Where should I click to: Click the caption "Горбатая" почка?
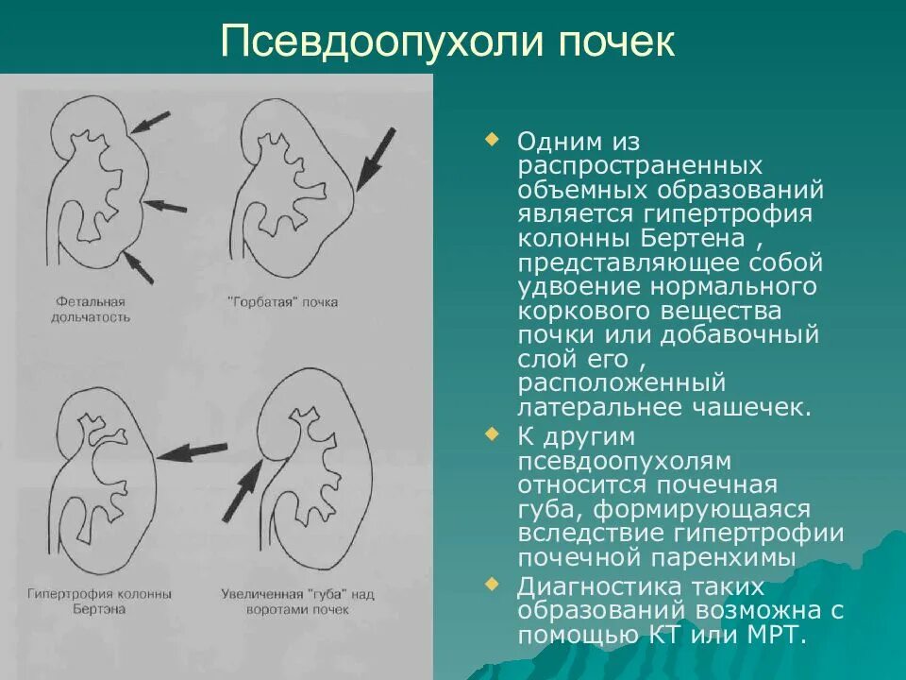(282, 302)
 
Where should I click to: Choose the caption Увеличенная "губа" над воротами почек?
(298, 602)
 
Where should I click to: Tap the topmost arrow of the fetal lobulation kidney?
(151, 121)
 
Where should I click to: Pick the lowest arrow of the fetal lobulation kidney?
(138, 268)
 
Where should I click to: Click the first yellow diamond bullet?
(490, 140)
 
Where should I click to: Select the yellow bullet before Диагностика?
(490, 583)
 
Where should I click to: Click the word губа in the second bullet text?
(549, 510)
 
